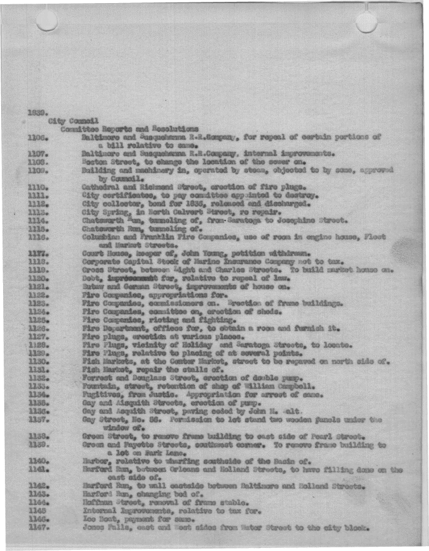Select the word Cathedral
tap(102, 187)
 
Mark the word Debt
tap(91, 278)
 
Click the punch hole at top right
tap(366, 23)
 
